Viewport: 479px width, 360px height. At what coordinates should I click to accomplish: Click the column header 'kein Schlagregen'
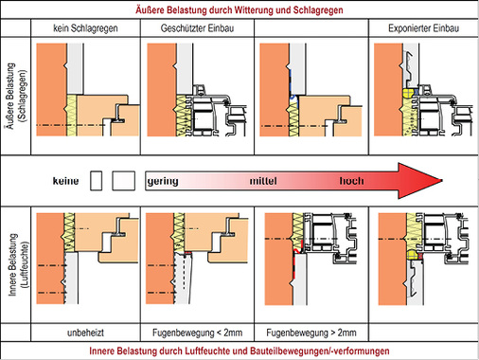tap(85, 28)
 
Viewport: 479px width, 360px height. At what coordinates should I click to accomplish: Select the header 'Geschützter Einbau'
tap(197, 28)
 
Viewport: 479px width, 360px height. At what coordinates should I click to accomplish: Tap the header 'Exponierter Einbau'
tap(423, 28)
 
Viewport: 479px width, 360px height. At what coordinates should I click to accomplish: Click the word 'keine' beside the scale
tap(65, 181)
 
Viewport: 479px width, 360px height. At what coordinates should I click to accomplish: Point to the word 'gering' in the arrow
tap(163, 181)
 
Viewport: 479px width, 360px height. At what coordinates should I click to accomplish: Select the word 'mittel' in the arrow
tap(263, 181)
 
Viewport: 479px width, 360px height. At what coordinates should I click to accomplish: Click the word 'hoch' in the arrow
tap(351, 181)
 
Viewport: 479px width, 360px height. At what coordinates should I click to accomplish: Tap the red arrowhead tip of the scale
tap(442, 181)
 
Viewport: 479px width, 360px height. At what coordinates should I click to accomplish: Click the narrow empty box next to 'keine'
tap(96, 181)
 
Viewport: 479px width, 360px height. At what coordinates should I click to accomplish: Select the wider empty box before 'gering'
tap(124, 181)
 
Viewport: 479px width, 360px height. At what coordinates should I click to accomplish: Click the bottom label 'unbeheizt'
tap(85, 333)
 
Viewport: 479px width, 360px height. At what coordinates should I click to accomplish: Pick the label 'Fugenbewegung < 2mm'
tap(197, 333)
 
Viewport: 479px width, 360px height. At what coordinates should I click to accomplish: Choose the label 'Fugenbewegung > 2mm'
tap(311, 333)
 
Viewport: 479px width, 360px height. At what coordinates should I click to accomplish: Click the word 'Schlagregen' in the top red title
tap(318, 10)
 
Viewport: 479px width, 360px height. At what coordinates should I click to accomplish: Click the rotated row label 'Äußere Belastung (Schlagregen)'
tap(16, 96)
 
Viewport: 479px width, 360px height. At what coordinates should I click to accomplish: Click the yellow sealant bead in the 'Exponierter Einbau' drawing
tap(408, 93)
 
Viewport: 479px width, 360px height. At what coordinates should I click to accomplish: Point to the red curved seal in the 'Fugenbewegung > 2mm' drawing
tap(297, 251)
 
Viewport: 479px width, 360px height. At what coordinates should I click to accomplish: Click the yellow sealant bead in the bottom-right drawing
tap(412, 254)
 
